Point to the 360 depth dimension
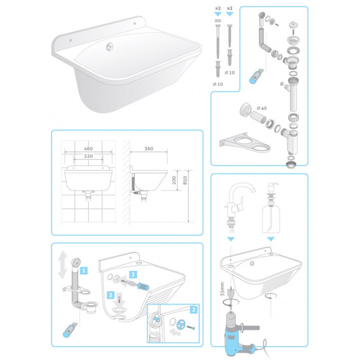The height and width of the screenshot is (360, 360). [x=148, y=148]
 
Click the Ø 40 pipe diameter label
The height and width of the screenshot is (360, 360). [x=262, y=107]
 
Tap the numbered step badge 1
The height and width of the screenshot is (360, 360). [x=84, y=270]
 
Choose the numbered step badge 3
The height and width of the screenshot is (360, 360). [x=113, y=295]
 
